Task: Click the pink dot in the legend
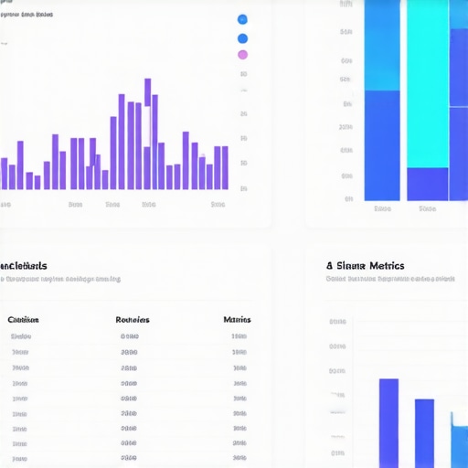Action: [x=242, y=55]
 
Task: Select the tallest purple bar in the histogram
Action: [x=147, y=133]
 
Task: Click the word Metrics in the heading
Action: [x=385, y=266]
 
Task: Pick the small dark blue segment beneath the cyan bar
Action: [x=427, y=184]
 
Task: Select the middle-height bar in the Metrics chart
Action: [x=424, y=432]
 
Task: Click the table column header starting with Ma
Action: [x=237, y=320]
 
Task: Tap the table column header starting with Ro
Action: [x=133, y=320]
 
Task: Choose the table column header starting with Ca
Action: [x=23, y=320]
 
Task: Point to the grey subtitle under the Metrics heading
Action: [x=390, y=279]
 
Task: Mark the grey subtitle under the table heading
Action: [x=59, y=279]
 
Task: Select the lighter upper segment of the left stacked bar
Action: [x=382, y=46]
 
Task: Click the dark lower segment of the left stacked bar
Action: [x=382, y=144]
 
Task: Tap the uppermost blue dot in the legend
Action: [x=242, y=19]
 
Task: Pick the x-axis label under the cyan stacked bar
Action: [x=427, y=208]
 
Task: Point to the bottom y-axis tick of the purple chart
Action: [x=243, y=188]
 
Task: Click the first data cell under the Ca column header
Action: [x=20, y=336]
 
